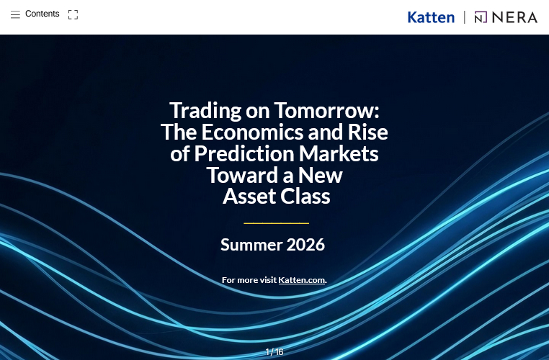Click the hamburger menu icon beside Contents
[x=15, y=14]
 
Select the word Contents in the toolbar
[x=43, y=14]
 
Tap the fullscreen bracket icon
[x=73, y=14]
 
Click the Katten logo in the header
[x=431, y=17]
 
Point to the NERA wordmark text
[x=514, y=17]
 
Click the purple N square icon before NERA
[x=481, y=17]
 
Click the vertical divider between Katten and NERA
[x=465, y=17]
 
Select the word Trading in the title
[x=205, y=111]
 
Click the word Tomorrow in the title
[x=326, y=110]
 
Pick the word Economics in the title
[x=252, y=132]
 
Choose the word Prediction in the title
[x=244, y=153]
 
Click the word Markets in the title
[x=339, y=153]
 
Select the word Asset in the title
[x=249, y=196]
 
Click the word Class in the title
[x=305, y=196]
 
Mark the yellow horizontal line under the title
[x=276, y=223]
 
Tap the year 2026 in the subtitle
[x=305, y=245]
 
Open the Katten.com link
[x=301, y=280]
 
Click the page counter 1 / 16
[x=274, y=351]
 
